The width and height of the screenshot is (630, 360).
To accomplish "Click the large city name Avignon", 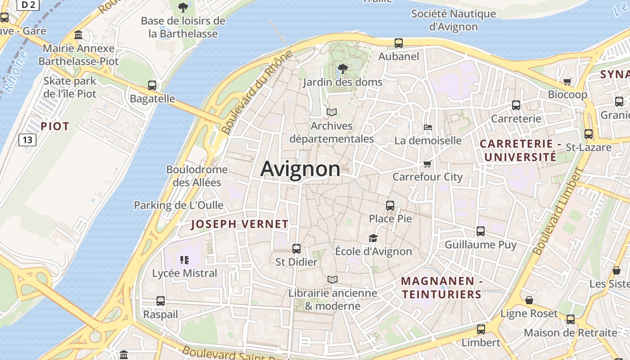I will [300, 169].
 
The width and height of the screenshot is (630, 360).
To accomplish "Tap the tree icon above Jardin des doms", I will [342, 69].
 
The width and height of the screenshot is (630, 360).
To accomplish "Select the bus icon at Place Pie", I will [390, 206].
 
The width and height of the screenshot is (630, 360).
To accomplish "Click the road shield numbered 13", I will [27, 140].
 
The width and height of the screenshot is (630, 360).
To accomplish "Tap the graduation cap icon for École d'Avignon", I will [373, 238].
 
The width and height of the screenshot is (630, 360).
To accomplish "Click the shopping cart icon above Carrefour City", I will [427, 164].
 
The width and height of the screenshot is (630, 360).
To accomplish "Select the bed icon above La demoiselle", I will [427, 127].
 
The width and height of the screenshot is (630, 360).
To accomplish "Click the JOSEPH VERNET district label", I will [239, 224].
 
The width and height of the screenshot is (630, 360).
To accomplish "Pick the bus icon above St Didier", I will [296, 249].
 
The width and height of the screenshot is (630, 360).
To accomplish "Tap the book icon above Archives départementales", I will [332, 112].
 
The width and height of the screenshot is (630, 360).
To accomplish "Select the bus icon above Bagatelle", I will [152, 85].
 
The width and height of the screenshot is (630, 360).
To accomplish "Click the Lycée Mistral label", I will [184, 273].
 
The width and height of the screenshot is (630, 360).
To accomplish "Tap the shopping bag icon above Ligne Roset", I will [529, 300].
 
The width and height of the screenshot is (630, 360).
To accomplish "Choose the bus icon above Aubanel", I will [399, 43].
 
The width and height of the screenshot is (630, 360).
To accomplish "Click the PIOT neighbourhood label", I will [55, 126].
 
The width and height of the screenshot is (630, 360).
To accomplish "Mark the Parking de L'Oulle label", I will [179, 205].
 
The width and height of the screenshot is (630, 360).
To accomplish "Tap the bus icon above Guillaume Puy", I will [481, 231].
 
